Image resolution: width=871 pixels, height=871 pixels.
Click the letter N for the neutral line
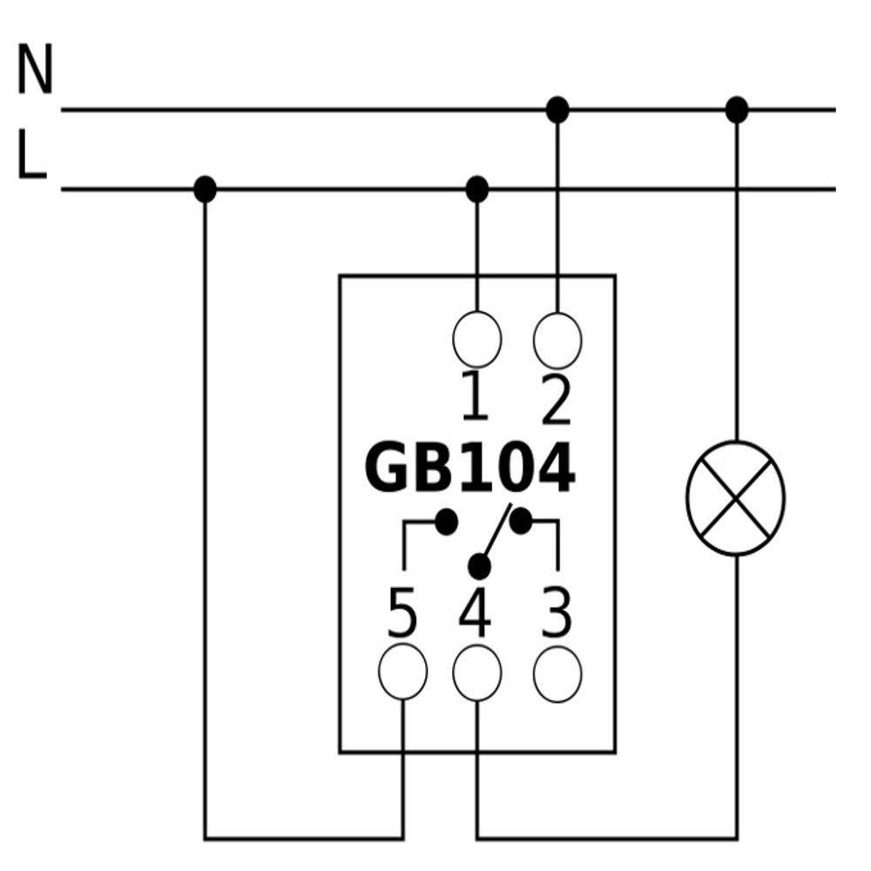point(35,69)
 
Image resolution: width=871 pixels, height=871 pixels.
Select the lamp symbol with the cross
point(735,497)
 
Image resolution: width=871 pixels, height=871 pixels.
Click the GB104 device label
point(470,467)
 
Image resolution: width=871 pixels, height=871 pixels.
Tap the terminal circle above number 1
point(476,339)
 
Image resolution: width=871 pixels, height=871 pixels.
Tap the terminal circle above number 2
point(557,340)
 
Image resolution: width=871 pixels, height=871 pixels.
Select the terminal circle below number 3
point(557,674)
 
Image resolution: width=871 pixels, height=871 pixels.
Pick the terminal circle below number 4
point(476,672)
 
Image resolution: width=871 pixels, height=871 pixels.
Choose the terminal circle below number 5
point(402,671)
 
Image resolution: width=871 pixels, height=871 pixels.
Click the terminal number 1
point(475,396)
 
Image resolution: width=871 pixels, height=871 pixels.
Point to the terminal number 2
point(556,400)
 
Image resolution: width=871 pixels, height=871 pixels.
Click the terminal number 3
point(556,613)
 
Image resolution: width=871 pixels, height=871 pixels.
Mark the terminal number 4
point(475,611)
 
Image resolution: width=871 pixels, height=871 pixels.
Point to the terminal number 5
point(402,613)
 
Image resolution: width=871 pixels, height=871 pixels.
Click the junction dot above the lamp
point(737,110)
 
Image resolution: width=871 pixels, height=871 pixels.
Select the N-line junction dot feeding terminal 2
point(557,110)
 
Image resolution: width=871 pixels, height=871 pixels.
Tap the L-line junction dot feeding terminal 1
point(476,189)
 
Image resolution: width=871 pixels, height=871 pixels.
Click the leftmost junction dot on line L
point(205,189)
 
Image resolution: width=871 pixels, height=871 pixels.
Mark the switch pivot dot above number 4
point(479,567)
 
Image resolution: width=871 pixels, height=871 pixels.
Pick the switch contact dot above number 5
point(446,522)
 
